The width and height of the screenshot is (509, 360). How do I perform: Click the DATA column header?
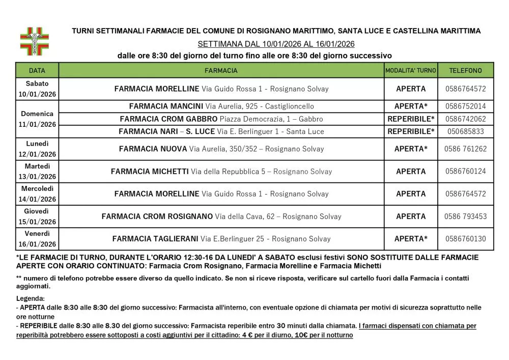pos(37,70)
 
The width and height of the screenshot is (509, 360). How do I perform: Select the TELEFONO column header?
pos(465,70)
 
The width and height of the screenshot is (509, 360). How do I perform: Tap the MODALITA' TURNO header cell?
pos(410,70)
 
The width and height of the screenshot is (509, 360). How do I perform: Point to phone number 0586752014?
pos(465,106)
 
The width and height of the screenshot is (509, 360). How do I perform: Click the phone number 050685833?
pos(465,131)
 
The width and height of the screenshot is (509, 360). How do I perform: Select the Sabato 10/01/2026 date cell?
pos(37,89)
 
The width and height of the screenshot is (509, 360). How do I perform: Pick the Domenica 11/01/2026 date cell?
pos(37,119)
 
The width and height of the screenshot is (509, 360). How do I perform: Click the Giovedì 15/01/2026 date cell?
pos(37,216)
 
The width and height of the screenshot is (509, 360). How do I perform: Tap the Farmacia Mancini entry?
pos(221,106)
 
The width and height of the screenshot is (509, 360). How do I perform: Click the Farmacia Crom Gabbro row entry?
pos(221,119)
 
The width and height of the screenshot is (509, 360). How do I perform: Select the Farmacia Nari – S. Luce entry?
pos(221,131)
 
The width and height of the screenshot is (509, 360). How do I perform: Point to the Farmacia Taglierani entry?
pos(221,238)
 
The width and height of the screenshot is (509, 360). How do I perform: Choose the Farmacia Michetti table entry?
pos(221,172)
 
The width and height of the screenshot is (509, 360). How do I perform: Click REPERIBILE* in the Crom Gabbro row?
pos(411,119)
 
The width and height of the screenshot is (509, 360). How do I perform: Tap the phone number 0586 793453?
pos(465,216)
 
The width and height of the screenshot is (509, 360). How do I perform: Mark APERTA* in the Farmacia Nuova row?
pos(411,149)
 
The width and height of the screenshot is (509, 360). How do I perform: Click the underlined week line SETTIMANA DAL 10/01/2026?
pos(276,44)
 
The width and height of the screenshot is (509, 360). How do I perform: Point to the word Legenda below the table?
pos(31,298)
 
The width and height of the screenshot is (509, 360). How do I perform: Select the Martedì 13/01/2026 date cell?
pos(37,172)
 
